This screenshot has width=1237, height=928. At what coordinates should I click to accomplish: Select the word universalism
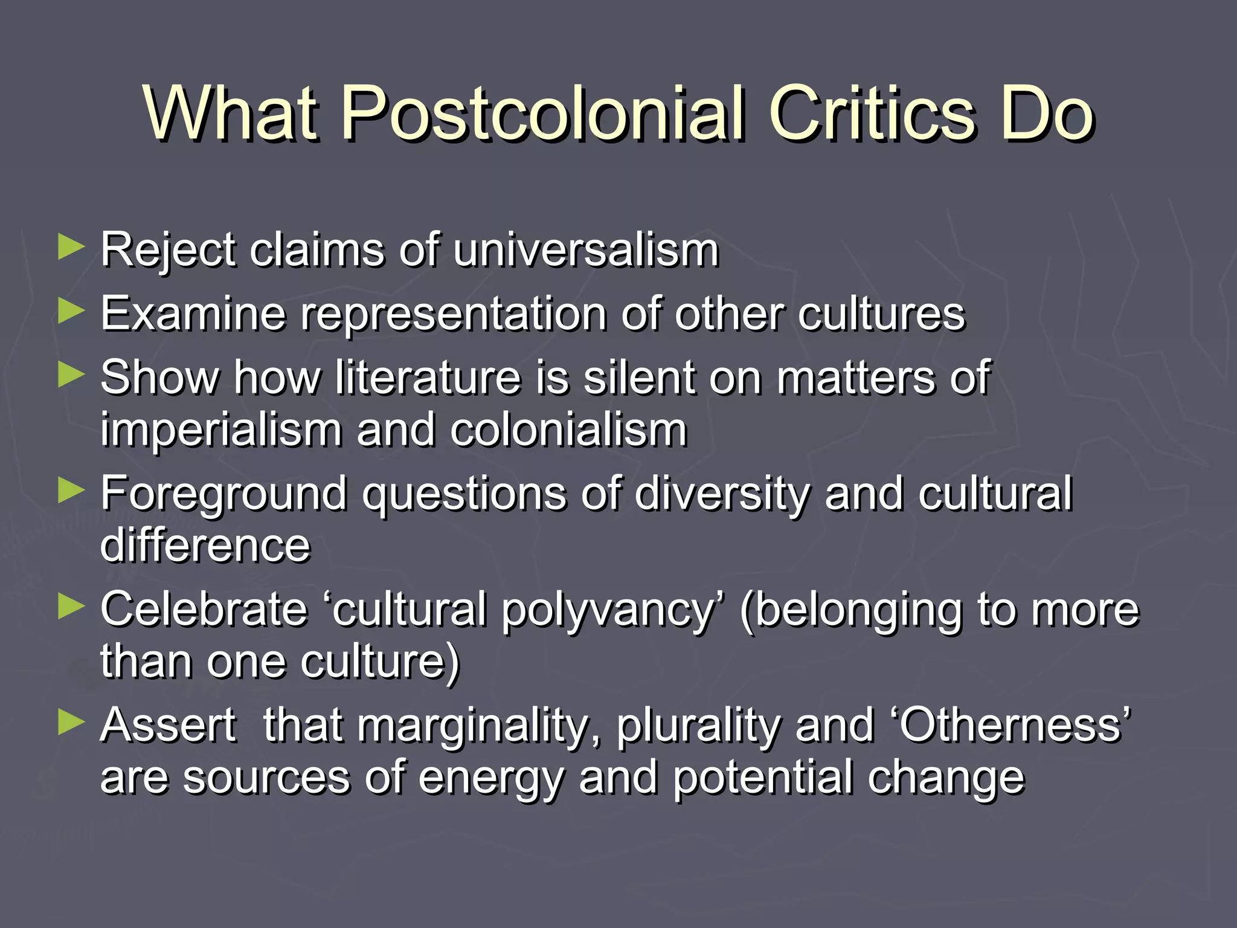(x=586, y=250)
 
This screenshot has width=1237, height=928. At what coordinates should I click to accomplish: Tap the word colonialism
(x=568, y=430)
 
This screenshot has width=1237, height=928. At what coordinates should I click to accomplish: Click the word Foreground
(x=224, y=494)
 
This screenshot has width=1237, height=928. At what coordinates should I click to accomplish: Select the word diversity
(x=722, y=494)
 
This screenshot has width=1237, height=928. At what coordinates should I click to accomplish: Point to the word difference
(x=205, y=546)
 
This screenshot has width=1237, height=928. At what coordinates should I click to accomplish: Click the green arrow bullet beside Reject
(x=71, y=248)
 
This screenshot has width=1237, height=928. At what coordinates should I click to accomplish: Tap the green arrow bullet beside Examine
(x=71, y=312)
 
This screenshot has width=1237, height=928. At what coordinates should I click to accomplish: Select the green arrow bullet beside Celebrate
(x=71, y=607)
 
